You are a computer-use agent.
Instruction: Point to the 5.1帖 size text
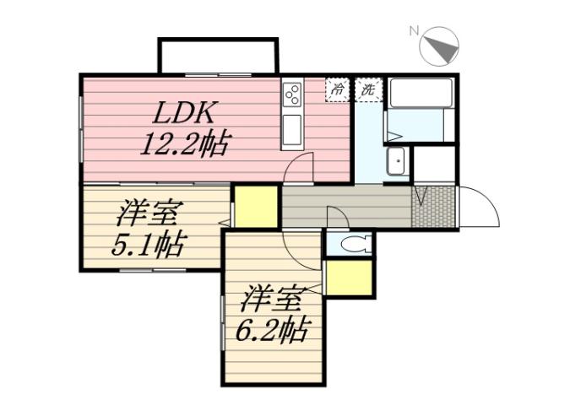coord(149,245)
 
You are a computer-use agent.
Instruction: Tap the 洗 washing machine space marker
coord(368,89)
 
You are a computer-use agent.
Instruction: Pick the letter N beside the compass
coord(415,31)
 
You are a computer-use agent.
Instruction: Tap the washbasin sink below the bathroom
coord(396,162)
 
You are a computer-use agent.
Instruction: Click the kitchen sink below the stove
coord(292,131)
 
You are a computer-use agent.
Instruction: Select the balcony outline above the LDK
coord(218,56)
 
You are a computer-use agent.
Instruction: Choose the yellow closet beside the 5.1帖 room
coord(256,207)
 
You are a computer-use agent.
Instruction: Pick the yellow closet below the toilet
coord(348,278)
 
